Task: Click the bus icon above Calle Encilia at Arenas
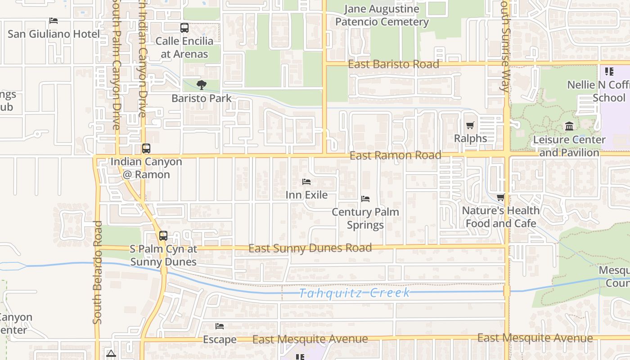coord(184,28)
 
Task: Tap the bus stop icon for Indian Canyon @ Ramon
coord(146,148)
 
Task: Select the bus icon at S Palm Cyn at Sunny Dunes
coord(163,236)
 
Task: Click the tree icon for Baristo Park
coord(202,85)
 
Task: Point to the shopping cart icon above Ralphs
coord(470,125)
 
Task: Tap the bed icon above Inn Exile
coord(306,182)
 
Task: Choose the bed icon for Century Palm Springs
coord(365,198)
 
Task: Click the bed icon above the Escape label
coord(220,326)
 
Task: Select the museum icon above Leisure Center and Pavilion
coord(569,126)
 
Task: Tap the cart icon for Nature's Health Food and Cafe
coord(500,197)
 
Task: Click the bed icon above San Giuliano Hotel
coord(54,21)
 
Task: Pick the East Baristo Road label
coord(393,64)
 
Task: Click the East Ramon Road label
coord(395,156)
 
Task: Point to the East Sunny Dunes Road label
coord(310,248)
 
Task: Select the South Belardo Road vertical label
coord(98,272)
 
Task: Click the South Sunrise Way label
coord(505,45)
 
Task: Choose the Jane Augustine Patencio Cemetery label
coord(382,15)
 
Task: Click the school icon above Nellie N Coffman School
coord(609,71)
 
